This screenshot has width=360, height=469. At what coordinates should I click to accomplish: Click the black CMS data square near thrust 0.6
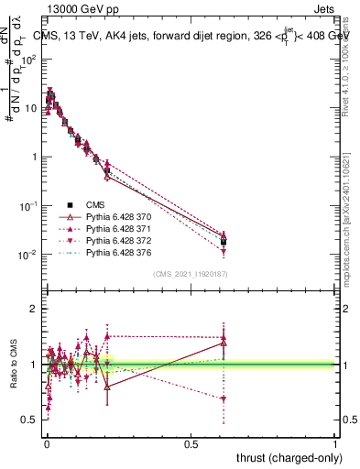point(224,242)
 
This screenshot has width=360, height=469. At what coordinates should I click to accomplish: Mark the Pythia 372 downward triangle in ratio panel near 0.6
point(224,398)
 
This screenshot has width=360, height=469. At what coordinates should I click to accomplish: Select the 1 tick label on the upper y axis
point(34,157)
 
